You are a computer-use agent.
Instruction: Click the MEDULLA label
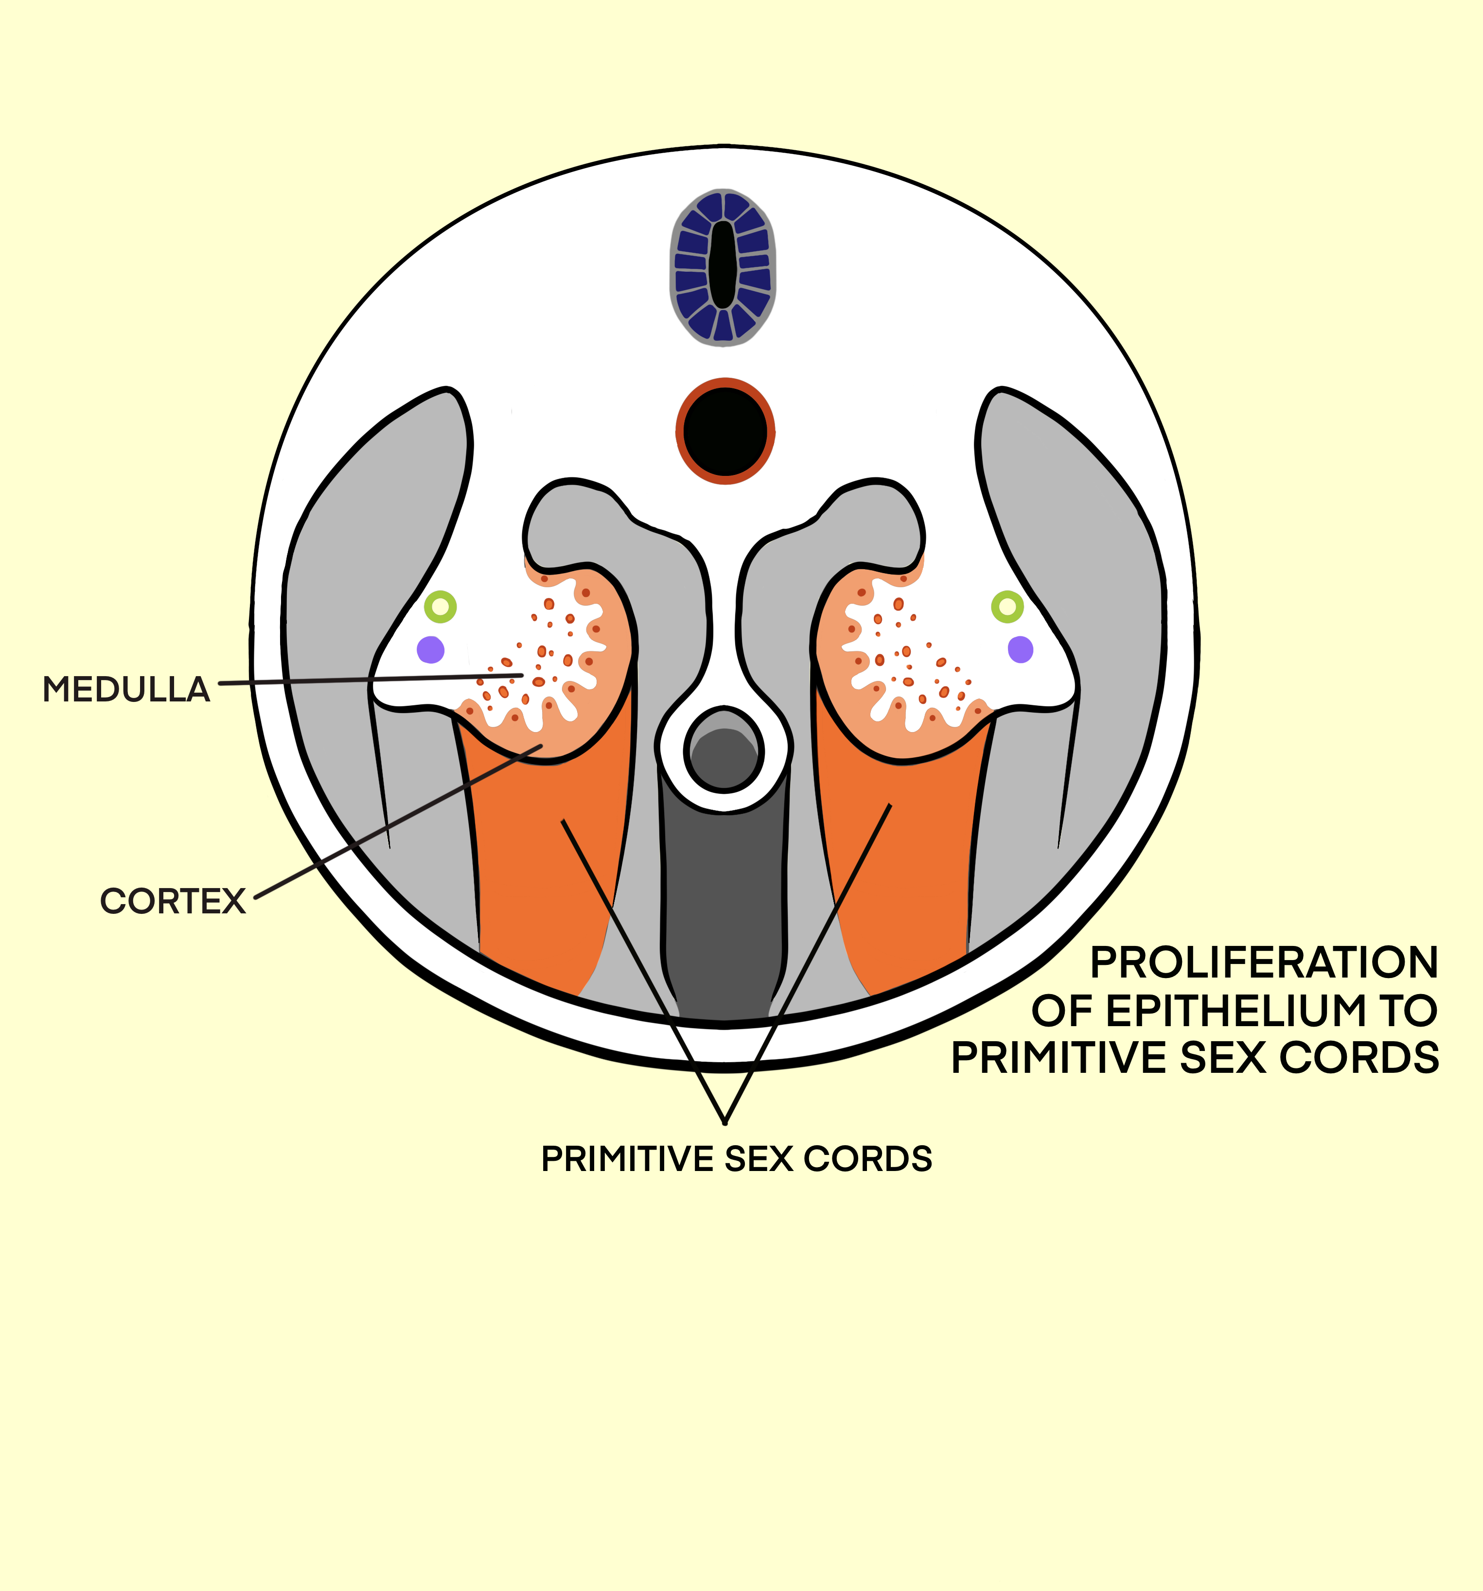(x=125, y=690)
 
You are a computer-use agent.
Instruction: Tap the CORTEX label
(x=172, y=901)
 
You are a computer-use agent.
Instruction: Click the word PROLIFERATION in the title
(x=1264, y=963)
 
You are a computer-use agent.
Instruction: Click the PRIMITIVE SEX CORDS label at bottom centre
(x=736, y=1159)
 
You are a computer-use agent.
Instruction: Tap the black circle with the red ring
(x=725, y=431)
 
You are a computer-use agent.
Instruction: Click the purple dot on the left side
(x=431, y=650)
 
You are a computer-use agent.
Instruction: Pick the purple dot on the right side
(x=1021, y=650)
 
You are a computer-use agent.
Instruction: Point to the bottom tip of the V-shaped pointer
(x=724, y=1122)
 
